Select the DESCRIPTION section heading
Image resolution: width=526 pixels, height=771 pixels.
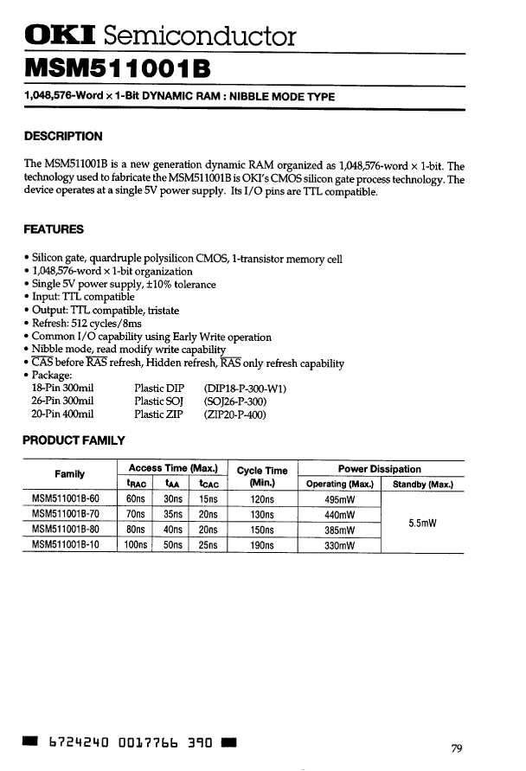(63, 136)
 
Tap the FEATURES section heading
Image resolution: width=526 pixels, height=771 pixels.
(54, 229)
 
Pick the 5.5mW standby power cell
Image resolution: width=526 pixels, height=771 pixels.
(423, 522)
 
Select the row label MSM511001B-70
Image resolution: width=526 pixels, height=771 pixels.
(66, 514)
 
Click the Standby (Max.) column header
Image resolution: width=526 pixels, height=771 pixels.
(423, 485)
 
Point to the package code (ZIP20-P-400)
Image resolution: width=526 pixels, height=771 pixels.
(234, 414)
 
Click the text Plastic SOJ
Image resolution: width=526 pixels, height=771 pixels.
(158, 402)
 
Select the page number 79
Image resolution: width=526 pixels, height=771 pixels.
(459, 749)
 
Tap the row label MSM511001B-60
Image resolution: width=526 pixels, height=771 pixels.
(66, 499)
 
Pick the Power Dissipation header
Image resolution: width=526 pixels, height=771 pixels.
(380, 469)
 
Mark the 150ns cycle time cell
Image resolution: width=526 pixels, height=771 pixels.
(261, 530)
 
